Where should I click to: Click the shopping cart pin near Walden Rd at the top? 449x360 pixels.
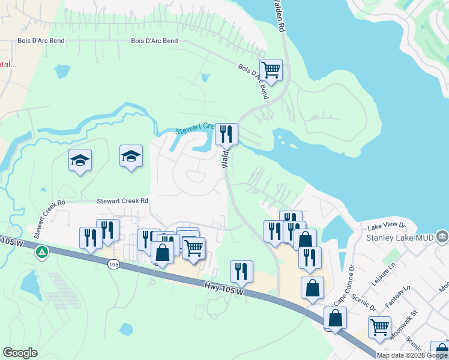tap(271, 71)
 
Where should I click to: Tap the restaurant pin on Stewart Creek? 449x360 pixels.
tap(226, 135)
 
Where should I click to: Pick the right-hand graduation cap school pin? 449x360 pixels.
tap(131, 157)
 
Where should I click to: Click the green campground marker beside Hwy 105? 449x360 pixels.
tap(41, 251)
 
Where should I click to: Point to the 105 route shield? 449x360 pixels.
tap(114, 264)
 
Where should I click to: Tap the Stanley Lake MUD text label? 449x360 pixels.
tap(399, 236)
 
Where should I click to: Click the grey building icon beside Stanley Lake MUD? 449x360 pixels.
tap(442, 236)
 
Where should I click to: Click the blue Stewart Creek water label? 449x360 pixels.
tap(194, 127)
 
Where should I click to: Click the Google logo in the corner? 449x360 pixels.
tap(20, 353)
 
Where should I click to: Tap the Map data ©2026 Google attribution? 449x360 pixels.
tap(412, 355)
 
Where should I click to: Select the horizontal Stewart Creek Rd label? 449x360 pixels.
tap(122, 201)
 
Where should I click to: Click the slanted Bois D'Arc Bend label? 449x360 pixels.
tap(253, 81)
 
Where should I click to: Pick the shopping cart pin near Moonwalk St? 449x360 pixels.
tap(379, 328)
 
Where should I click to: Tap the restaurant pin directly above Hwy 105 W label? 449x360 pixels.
tap(241, 272)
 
